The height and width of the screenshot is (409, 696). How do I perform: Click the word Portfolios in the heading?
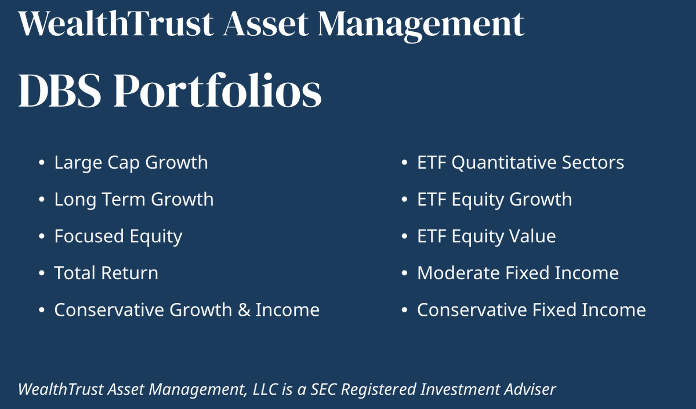coord(217,92)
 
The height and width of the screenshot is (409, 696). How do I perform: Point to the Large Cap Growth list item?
coord(131,163)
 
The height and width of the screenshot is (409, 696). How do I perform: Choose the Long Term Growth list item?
coord(134,200)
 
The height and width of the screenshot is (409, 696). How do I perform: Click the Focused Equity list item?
coord(118,236)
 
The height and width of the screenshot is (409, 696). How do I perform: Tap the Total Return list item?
coord(106,273)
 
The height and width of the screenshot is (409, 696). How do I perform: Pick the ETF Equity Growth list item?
coord(494,200)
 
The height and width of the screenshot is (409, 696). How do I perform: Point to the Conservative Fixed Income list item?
coord(531,310)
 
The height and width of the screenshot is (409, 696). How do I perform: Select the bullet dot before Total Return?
coord(41,273)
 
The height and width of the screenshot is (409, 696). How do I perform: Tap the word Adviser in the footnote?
coord(532,389)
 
